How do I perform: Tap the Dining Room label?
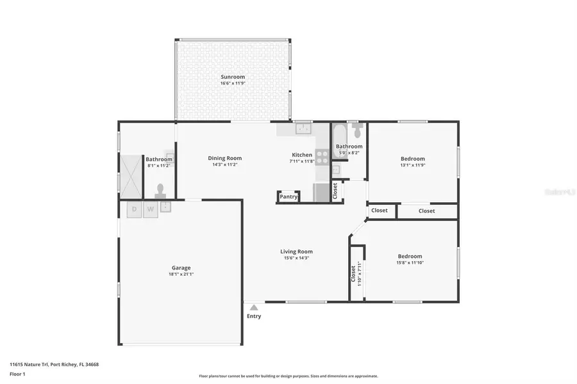[x=224, y=158]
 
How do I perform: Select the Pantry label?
[x=288, y=196]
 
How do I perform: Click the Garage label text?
[x=181, y=268]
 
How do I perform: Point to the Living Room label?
[x=296, y=252]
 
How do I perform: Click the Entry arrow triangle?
[x=254, y=308]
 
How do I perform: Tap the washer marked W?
[x=151, y=209]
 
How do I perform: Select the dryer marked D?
[x=134, y=209]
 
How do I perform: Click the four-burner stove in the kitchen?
[x=322, y=157]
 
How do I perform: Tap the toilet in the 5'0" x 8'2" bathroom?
[x=357, y=131]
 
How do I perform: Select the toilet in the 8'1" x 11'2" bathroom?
[x=160, y=190]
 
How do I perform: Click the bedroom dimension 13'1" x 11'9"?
[x=413, y=165]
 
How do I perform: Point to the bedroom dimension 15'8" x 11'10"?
[x=410, y=262]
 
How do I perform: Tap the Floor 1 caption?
[x=17, y=375]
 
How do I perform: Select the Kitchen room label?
[x=302, y=155]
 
